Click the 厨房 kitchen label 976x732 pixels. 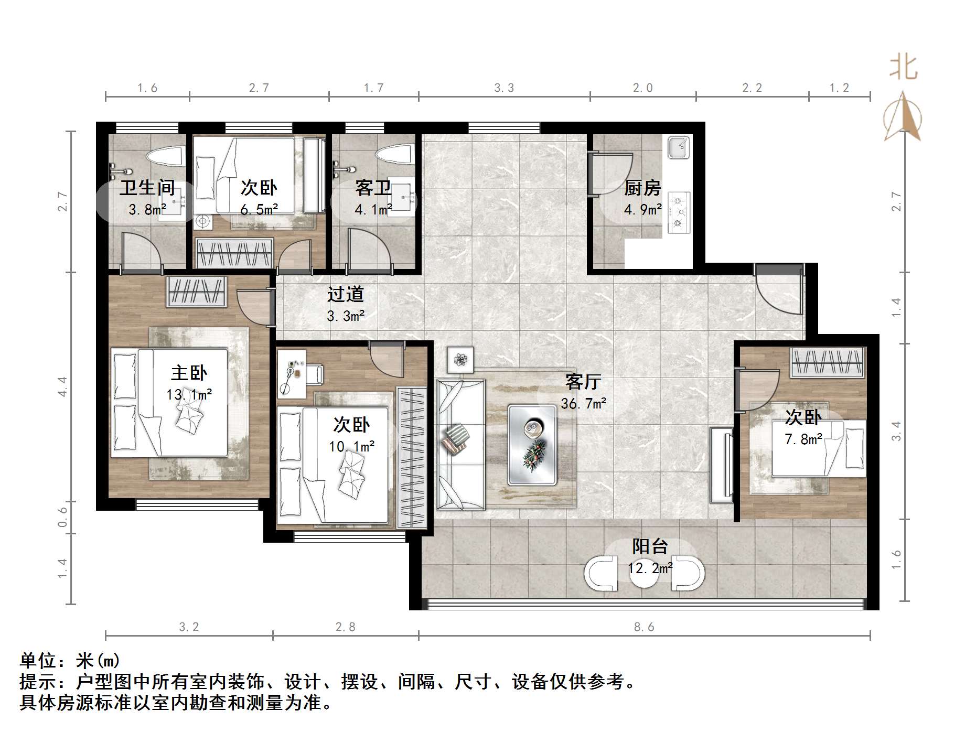[642, 188]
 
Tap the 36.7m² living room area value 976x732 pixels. [583, 404]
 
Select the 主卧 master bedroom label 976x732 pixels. [189, 373]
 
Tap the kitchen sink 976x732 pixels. [679, 147]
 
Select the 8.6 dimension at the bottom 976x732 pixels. [644, 627]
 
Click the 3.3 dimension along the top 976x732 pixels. [504, 88]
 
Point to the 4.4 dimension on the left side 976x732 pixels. [62, 386]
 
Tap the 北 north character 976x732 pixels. [903, 68]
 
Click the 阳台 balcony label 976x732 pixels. [649, 547]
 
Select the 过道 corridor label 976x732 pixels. [345, 294]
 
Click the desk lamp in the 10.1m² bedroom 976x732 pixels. [288, 375]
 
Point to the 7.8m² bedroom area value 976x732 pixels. [803, 439]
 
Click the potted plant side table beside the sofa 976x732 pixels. [460, 360]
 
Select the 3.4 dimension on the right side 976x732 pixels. [896, 431]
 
